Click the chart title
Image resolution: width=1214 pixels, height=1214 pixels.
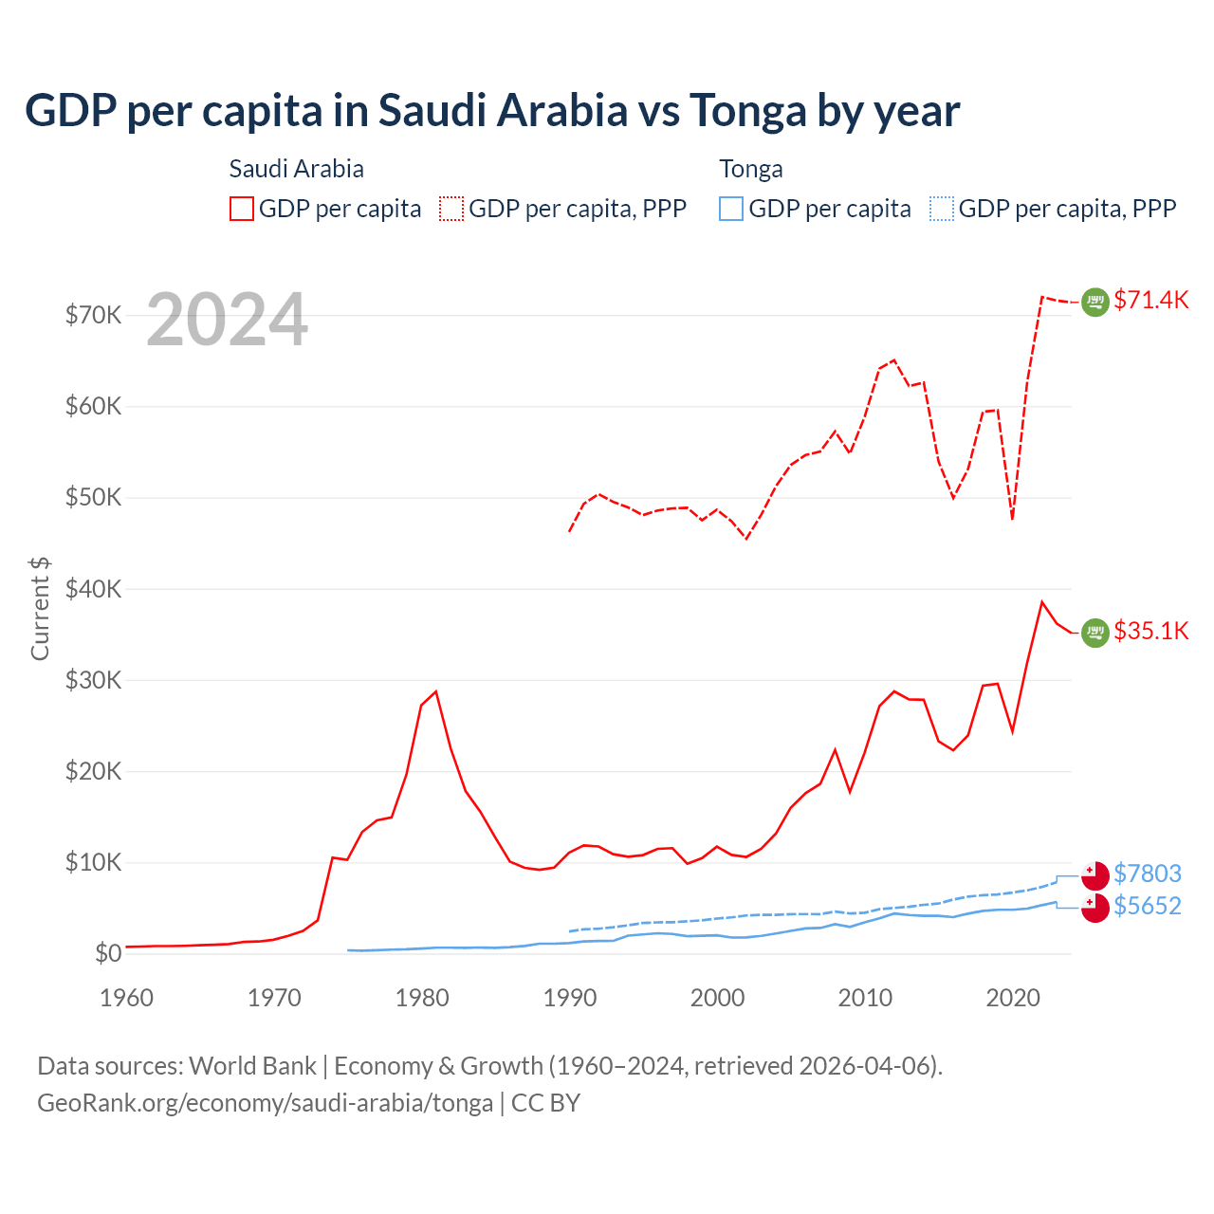point(492,111)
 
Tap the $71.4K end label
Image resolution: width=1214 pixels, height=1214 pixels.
point(1150,300)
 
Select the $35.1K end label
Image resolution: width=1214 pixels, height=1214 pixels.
point(1150,631)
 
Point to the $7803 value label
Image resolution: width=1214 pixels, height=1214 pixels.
point(1147,874)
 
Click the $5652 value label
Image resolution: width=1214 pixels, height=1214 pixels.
point(1147,906)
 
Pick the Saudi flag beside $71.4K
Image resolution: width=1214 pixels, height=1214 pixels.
point(1095,302)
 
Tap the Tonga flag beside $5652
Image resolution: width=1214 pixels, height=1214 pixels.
point(1095,908)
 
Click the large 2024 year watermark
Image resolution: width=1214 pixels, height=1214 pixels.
point(227,320)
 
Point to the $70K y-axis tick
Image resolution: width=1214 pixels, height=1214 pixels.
point(93,315)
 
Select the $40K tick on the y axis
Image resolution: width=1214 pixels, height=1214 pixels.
point(93,589)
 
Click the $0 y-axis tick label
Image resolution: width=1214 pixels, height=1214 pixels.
point(107,953)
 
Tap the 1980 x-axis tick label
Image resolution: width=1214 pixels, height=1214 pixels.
point(422,998)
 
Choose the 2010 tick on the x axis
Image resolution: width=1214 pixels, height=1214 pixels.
point(865,998)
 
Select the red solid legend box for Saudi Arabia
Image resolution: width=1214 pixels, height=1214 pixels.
point(242,209)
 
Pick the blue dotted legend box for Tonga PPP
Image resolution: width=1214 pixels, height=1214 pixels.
point(941,209)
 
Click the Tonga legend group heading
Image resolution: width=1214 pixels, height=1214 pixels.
point(751,169)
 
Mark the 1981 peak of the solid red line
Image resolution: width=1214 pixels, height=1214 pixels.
point(436,691)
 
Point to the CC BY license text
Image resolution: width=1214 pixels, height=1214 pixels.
point(546,1103)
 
